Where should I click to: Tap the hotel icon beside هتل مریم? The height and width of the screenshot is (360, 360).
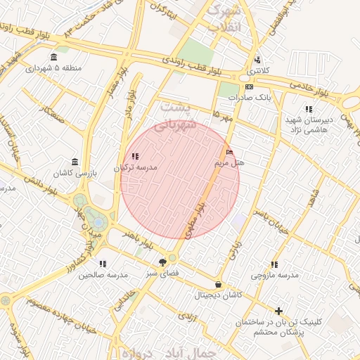[230, 152]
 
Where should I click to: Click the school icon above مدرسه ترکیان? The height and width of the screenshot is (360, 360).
[136, 157]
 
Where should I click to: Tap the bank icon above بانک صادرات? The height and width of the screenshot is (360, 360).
[249, 86]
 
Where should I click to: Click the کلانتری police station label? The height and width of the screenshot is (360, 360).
[257, 71]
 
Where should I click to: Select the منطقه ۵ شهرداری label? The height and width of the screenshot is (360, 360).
[54, 68]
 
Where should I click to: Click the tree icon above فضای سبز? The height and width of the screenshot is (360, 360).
[163, 262]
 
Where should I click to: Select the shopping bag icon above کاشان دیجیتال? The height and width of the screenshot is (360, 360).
[218, 285]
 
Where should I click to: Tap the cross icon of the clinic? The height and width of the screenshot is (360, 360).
[279, 310]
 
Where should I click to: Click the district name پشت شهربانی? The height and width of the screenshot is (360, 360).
[176, 116]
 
